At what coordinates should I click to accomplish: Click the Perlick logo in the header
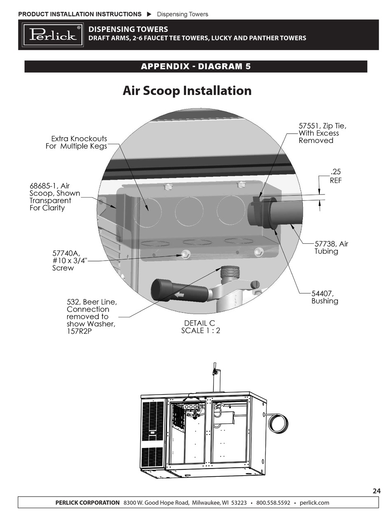[x=53, y=35]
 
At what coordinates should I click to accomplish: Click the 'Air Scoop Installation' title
[x=187, y=90]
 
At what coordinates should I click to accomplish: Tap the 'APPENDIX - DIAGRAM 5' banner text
[x=195, y=67]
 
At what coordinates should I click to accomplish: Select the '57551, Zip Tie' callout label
[x=325, y=133]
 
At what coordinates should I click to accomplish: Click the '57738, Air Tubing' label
[x=331, y=247]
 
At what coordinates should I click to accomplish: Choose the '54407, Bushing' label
[x=324, y=297]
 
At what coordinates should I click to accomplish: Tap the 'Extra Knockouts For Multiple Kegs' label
[x=77, y=142]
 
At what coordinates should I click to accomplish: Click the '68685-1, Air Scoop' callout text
[x=54, y=197]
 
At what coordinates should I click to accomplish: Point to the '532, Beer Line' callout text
[x=91, y=317]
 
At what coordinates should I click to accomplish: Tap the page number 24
[x=376, y=490]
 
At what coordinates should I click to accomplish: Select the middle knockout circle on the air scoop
[x=189, y=211]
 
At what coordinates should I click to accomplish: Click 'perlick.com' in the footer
[x=314, y=502]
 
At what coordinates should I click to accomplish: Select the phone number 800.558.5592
[x=273, y=502]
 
